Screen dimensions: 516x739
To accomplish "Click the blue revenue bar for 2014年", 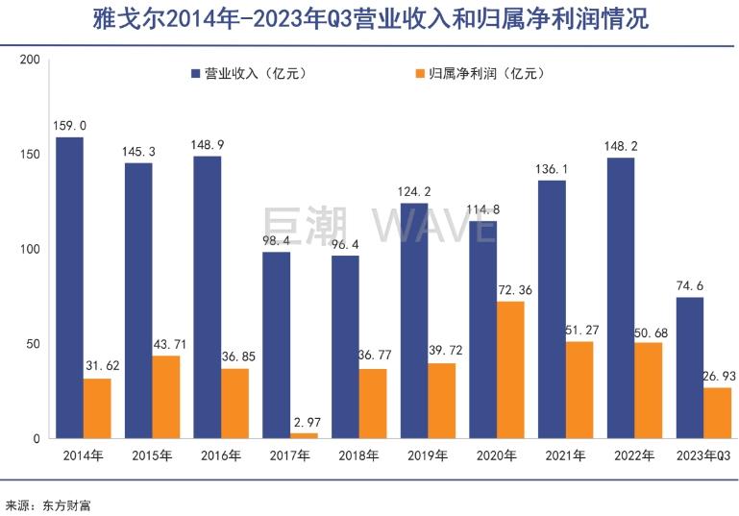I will pos(69,287).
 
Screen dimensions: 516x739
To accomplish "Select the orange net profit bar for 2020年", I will pos(510,370).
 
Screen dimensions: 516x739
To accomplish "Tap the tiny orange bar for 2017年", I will pos(304,435).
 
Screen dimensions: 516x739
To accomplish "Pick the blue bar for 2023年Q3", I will pos(690,368).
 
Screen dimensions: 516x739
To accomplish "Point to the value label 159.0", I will pos(70,126).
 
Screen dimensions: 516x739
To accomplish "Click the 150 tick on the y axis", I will pos(30,155).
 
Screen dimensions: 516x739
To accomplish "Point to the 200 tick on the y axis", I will pos(30,61).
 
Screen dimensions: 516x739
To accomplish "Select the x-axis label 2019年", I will pos(428,455).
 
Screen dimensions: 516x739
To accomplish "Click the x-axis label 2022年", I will pos(635,455).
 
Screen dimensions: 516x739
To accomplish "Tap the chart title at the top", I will pos(369,19).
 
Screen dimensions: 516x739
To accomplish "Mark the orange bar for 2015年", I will pos(166,397).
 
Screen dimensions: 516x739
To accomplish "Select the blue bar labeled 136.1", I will pos(553,309).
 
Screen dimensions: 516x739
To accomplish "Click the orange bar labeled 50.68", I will pos(649,390).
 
